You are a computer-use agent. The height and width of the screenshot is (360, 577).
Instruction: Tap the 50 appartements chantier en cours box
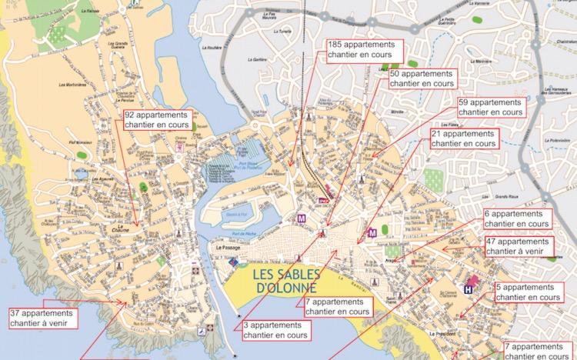422,78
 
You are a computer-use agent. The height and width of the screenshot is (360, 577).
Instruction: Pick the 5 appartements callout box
527,292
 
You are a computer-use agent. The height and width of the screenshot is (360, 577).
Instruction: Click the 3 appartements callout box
274,330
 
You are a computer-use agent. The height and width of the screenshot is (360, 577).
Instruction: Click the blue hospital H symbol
469,288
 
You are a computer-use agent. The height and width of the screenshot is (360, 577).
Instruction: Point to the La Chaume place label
119,228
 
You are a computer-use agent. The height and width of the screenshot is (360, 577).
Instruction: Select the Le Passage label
228,248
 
